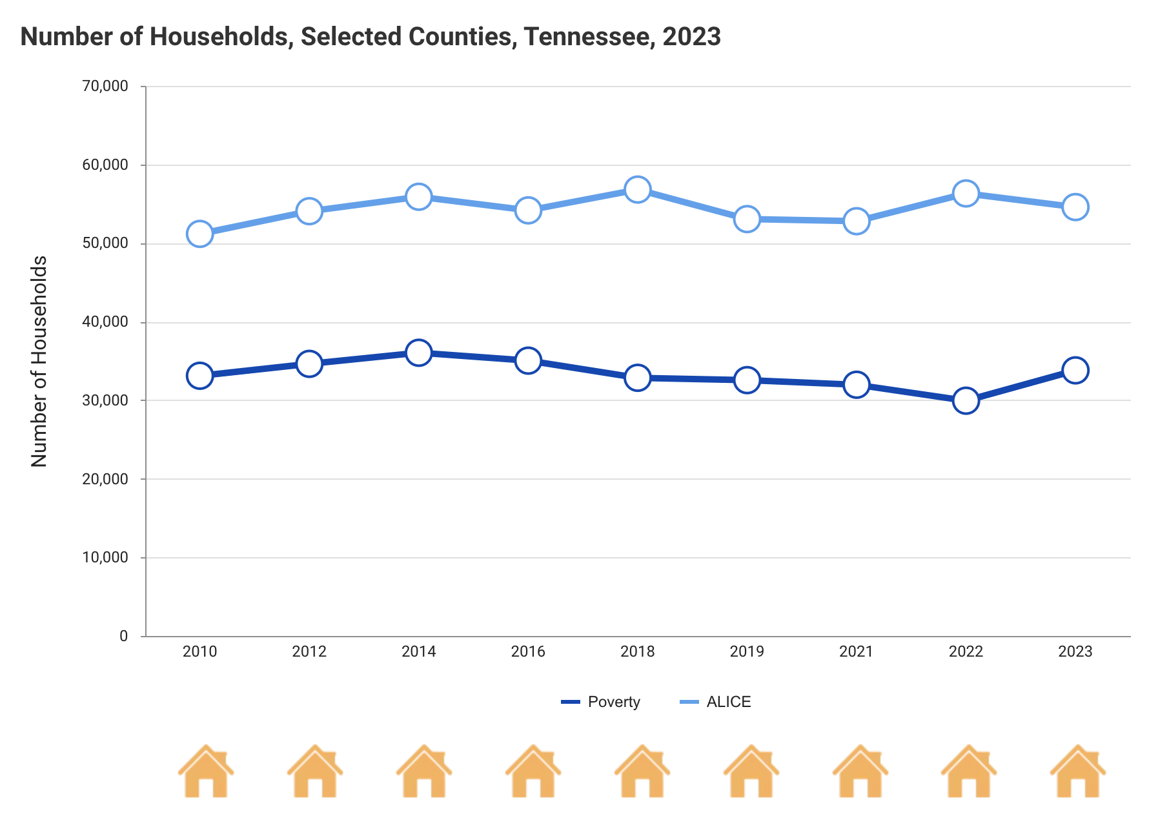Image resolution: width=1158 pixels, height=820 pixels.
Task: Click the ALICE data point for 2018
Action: (x=637, y=189)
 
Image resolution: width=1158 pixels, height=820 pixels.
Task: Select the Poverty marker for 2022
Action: (x=966, y=400)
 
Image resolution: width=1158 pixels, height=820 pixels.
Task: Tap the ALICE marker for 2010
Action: (x=199, y=233)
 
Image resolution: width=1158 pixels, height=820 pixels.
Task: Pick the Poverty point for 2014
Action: (x=418, y=352)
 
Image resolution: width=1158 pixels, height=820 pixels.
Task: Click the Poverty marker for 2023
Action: (x=1075, y=370)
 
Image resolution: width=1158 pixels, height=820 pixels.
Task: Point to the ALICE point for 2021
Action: (x=856, y=221)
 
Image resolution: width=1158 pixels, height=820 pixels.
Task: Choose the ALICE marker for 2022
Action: (x=966, y=193)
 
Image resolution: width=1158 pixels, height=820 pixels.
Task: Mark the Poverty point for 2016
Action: (x=528, y=360)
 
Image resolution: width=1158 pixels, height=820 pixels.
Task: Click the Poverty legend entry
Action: (x=601, y=702)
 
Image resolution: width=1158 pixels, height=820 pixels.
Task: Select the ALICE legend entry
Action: (x=716, y=702)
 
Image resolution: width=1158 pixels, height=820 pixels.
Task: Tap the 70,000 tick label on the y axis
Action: (x=105, y=87)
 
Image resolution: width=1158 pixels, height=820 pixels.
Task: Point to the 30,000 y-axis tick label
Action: (x=105, y=400)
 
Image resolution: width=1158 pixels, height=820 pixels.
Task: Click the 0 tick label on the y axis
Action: (x=123, y=636)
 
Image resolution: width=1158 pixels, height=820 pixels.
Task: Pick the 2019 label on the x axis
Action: (x=747, y=651)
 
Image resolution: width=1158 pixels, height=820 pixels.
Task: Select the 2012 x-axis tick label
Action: (x=309, y=651)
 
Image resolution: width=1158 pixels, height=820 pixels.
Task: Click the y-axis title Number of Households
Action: (x=39, y=362)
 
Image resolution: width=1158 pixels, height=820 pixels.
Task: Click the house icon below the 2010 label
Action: (x=205, y=772)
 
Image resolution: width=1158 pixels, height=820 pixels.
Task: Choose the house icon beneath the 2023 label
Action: (x=1077, y=772)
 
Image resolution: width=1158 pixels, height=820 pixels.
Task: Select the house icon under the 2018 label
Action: (x=642, y=772)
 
